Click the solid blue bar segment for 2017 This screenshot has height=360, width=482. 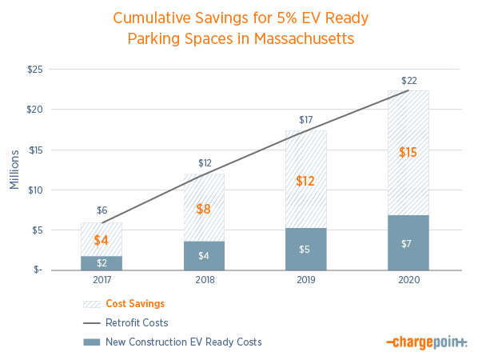(102, 262)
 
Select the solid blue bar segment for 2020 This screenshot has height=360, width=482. (408, 242)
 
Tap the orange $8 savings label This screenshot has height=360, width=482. (203, 210)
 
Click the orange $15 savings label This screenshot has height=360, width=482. (408, 152)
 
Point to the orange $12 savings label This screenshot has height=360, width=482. (305, 181)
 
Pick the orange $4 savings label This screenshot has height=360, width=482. (102, 240)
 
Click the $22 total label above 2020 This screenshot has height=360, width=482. (408, 81)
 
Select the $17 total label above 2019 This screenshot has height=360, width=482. (305, 121)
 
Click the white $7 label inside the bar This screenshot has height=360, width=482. (408, 243)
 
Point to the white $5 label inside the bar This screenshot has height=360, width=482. (305, 249)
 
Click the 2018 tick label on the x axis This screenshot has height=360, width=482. (203, 281)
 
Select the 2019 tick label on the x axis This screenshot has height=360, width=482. (305, 281)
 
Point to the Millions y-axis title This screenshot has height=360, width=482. (14, 169)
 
